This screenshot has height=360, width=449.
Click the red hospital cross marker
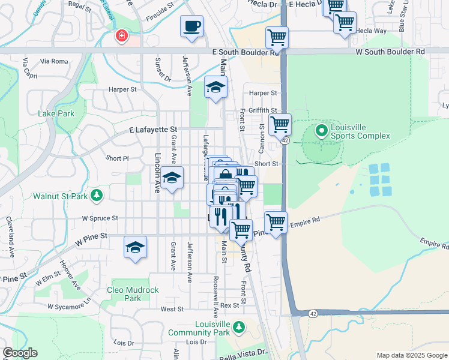[122, 37]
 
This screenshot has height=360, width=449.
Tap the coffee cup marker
[191, 26]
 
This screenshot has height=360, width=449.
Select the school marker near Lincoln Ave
[172, 178]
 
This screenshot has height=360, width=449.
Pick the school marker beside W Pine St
[135, 247]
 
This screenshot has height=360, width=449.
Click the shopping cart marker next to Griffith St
[280, 125]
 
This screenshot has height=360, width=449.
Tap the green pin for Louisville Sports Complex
[321, 130]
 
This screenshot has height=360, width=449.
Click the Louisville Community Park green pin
[239, 327]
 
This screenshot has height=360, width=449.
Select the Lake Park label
[56, 113]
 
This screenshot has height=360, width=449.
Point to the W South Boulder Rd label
[390, 52]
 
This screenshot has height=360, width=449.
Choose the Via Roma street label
[54, 61]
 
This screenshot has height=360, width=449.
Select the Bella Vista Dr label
[244, 352]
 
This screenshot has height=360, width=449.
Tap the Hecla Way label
[371, 30]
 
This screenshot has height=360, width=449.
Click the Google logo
[20, 353]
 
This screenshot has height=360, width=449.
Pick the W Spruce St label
[100, 218]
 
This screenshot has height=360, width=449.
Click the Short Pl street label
[117, 158]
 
